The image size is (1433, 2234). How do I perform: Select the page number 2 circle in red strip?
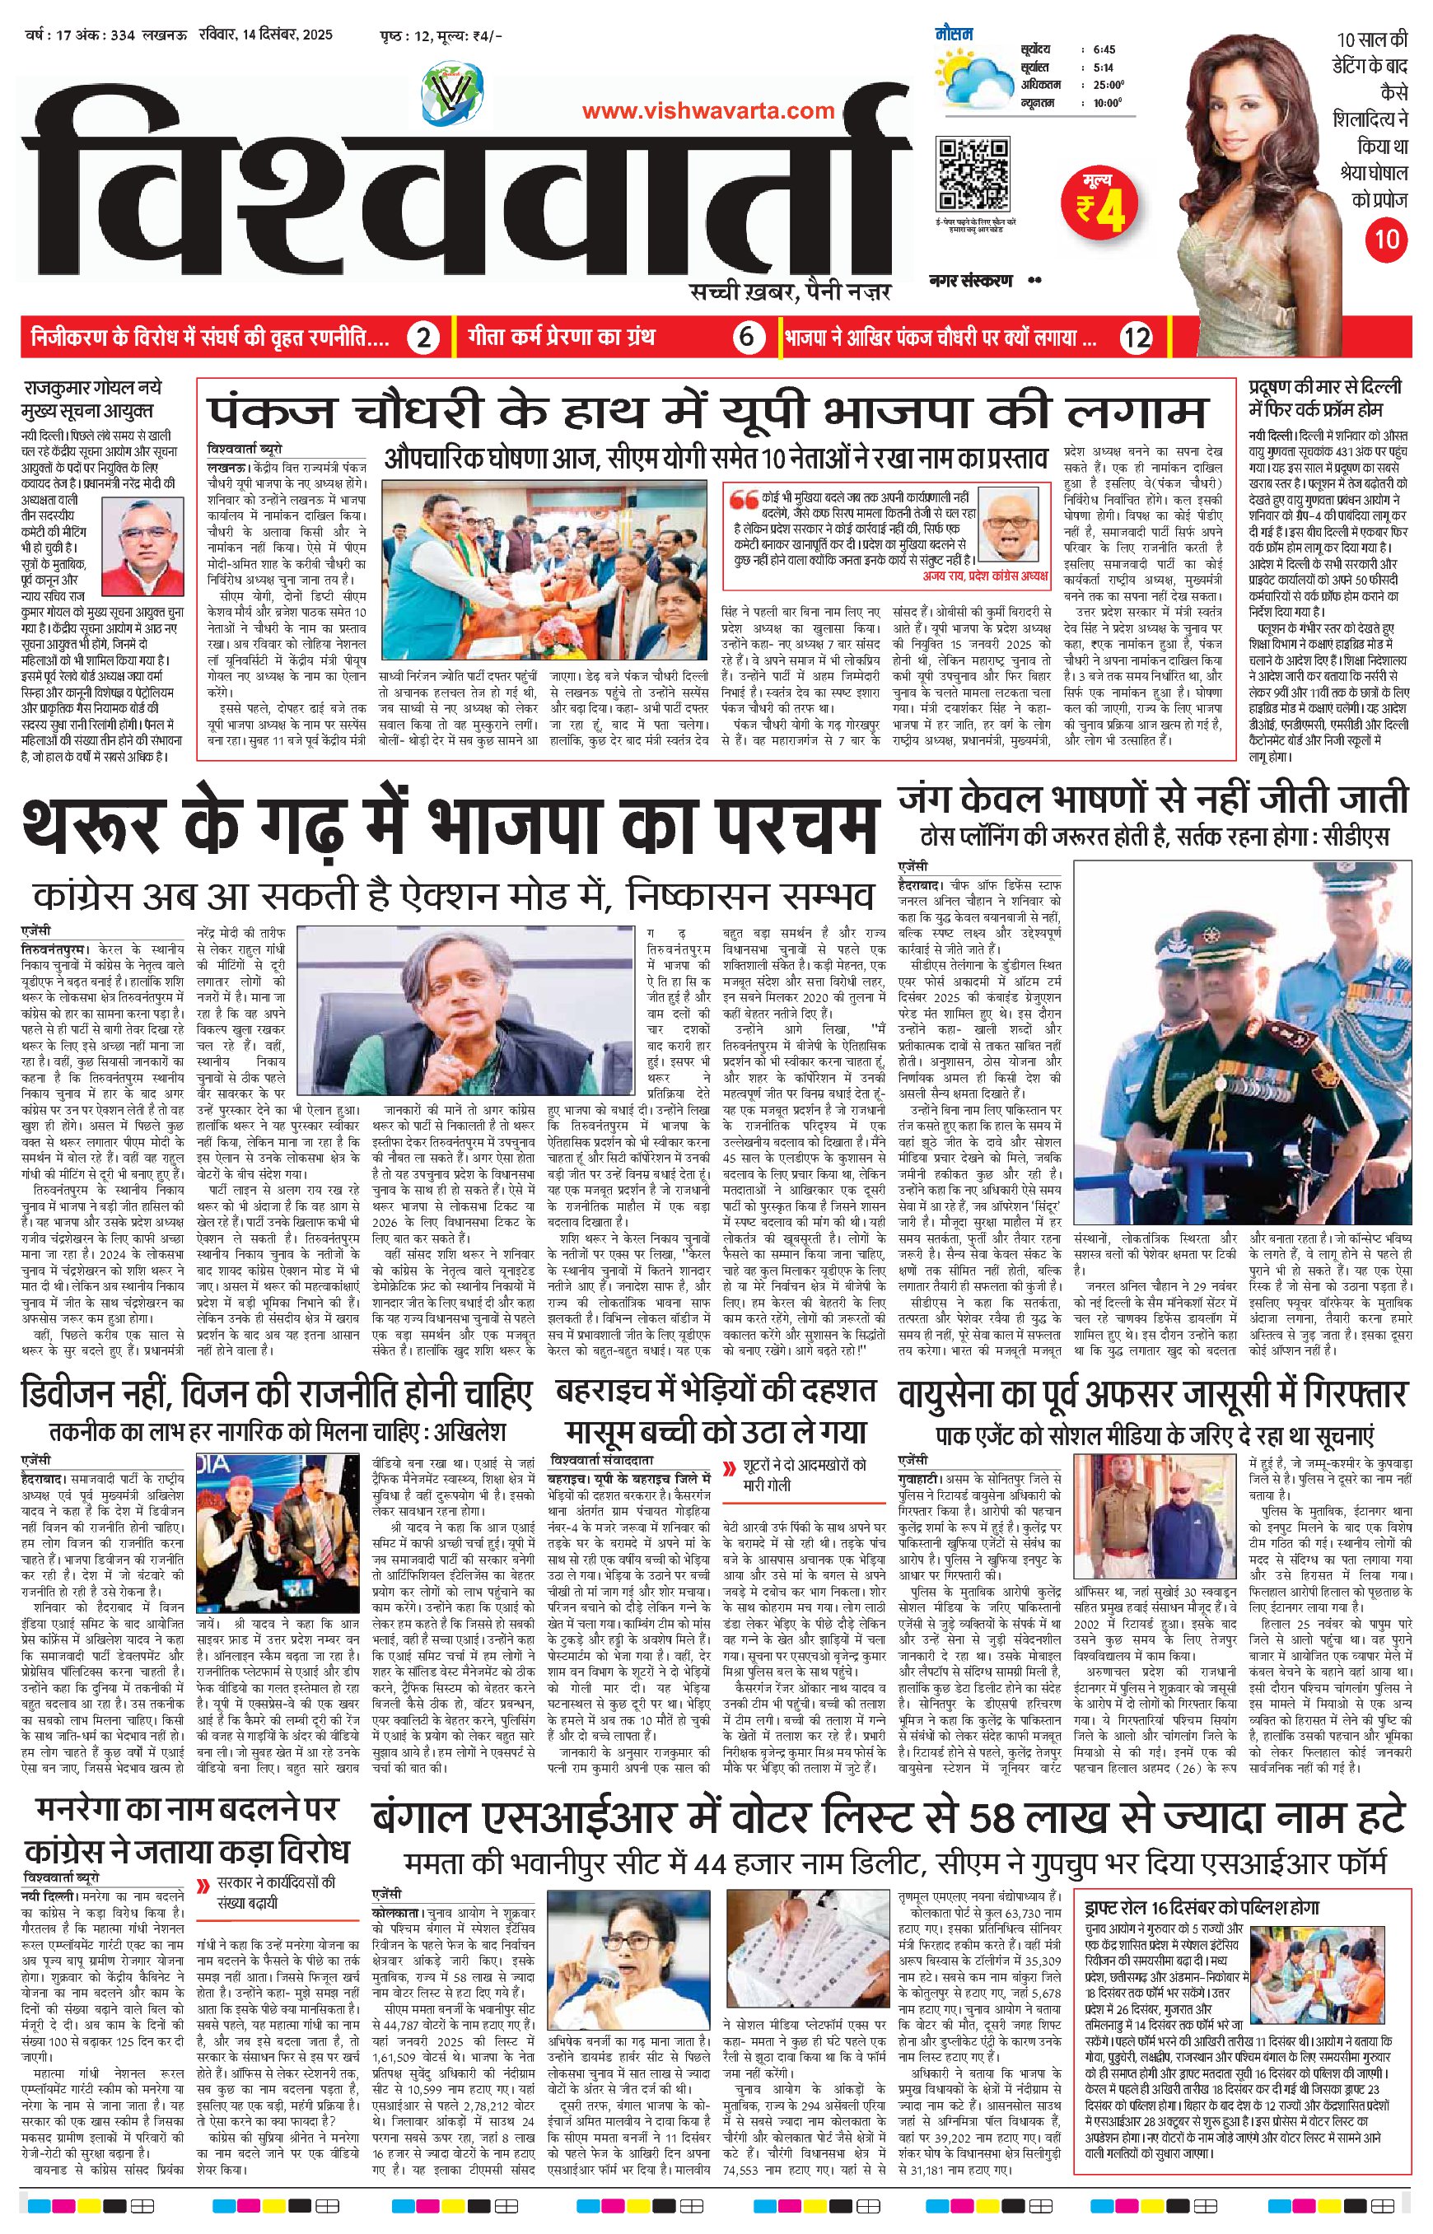pos(423,337)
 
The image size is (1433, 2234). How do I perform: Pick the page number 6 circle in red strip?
pos(748,337)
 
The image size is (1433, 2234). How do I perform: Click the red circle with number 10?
pos(1387,238)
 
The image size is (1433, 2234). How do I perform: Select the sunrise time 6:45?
pos(1105,49)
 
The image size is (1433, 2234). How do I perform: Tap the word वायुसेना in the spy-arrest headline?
pos(967,1396)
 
